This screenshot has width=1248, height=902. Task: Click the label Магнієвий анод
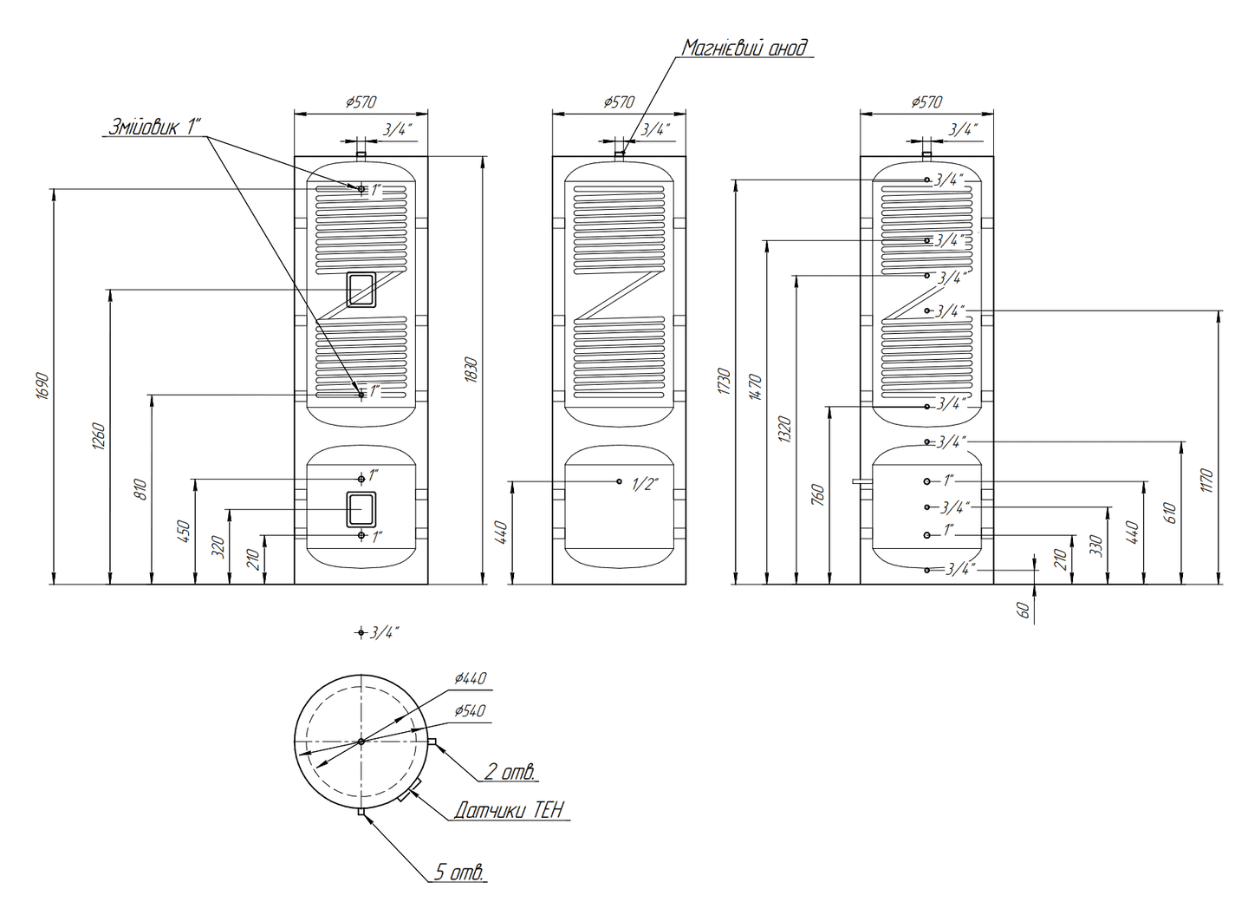[744, 48]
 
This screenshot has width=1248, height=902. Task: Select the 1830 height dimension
[471, 369]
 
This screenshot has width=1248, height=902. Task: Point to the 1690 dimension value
[43, 386]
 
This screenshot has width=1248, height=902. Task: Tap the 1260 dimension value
[99, 437]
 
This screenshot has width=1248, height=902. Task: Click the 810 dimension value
[141, 489]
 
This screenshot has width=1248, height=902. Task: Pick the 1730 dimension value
[725, 382]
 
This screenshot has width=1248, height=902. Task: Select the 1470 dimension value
[756, 387]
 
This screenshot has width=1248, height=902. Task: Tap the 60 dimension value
[1024, 610]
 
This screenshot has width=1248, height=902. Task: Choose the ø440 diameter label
[470, 678]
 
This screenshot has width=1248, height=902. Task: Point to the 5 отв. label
[458, 872]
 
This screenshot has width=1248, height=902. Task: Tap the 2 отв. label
[510, 771]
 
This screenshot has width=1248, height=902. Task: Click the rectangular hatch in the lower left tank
[361, 509]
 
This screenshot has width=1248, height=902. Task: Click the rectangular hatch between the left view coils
[361, 289]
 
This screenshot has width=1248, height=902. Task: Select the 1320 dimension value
[785, 429]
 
